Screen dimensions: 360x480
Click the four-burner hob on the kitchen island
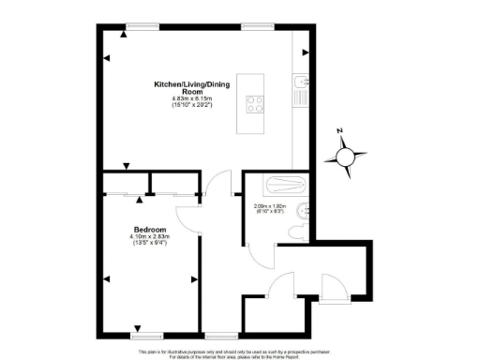coord(254,104)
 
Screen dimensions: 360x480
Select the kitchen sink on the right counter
coord(298,92)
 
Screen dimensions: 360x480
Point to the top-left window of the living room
coord(142,25)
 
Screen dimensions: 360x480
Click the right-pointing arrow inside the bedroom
coord(193,278)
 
